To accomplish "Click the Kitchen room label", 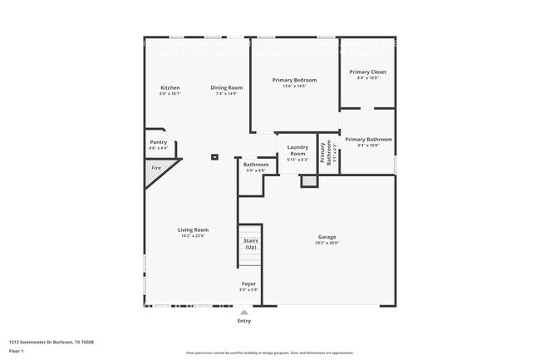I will (169, 87).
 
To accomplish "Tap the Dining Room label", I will (226, 87).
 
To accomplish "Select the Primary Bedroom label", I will (294, 80).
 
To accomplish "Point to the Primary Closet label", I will (367, 72).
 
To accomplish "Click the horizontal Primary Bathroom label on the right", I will (368, 139).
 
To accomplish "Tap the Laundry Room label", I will (297, 151).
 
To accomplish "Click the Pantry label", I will (158, 142).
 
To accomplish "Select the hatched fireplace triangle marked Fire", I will (155, 171).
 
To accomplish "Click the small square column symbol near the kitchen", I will (214, 155).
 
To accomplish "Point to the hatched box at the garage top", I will (309, 180).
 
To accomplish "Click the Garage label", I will (326, 237).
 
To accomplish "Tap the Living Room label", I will (193, 229).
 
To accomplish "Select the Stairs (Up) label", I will (250, 244).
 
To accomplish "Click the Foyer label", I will (248, 284).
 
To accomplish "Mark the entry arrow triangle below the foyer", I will (243, 312).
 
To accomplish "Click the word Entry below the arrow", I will (243, 321).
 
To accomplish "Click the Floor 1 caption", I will (17, 352).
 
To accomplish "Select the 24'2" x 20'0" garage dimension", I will (326, 244).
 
